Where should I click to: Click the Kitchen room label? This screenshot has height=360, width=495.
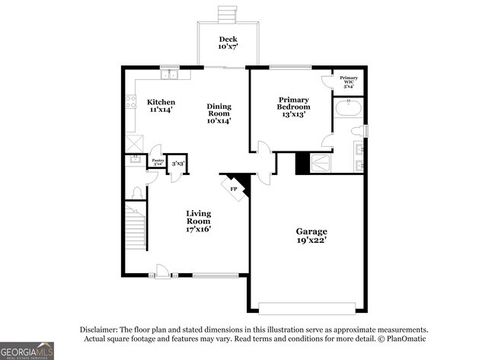pos(161,106)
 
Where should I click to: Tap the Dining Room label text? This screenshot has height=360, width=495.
pos(219,113)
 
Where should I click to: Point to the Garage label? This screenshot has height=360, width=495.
pos(311,235)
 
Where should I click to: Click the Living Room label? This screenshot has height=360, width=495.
pos(199,221)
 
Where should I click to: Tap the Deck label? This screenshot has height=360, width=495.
pos(228,43)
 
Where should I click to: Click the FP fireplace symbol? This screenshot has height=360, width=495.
pos(234,186)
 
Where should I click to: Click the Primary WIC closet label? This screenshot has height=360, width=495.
pos(349,81)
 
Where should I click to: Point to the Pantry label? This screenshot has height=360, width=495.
pos(158,161)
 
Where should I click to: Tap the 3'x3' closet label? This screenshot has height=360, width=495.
pos(177,163)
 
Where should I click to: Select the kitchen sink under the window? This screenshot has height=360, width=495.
pos(169,75)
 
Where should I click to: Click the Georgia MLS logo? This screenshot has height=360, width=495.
pos(27,349)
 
